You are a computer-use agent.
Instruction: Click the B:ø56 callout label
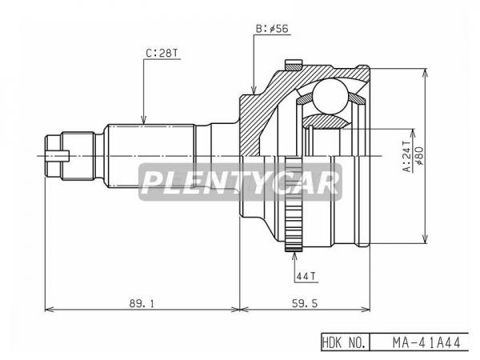click(x=272, y=29)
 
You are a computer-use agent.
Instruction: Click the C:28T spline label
click(x=162, y=54)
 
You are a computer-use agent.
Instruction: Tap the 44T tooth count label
click(x=306, y=277)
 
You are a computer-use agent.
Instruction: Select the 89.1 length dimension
click(x=142, y=303)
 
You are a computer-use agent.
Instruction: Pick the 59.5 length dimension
click(x=304, y=303)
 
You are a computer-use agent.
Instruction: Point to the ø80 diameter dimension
click(x=420, y=156)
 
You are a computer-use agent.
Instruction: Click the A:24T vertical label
click(x=407, y=157)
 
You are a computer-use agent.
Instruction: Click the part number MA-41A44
click(x=426, y=342)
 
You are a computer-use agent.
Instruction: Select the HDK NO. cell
click(x=344, y=342)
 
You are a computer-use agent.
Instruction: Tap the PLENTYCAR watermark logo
click(x=240, y=182)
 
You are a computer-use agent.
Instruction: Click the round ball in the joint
click(x=330, y=96)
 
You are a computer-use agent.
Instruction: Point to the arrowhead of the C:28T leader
click(x=143, y=120)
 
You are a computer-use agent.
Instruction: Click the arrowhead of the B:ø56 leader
click(x=254, y=90)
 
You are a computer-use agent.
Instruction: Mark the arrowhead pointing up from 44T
click(x=294, y=256)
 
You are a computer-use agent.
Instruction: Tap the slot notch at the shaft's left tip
click(x=58, y=156)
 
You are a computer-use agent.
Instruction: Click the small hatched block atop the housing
click(x=294, y=66)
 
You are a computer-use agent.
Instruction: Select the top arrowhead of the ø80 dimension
click(x=424, y=73)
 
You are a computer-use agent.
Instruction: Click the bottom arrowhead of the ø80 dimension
click(x=424, y=239)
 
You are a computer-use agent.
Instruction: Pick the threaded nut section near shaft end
click(x=78, y=156)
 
